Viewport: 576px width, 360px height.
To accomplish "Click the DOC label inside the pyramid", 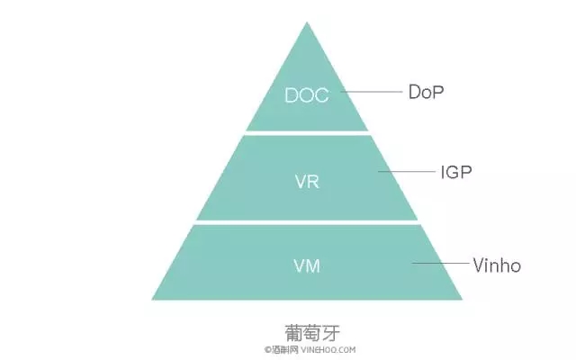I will [x=307, y=94].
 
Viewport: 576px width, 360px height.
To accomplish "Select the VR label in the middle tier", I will [x=307, y=180].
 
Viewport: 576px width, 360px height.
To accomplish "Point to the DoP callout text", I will [x=427, y=92].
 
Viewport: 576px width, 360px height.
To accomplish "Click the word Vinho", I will [x=497, y=265].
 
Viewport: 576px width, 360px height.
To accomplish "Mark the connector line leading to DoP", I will [x=373, y=92].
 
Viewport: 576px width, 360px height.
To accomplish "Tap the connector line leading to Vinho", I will [x=441, y=265].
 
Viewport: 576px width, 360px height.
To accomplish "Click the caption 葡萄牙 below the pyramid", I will [x=307, y=329].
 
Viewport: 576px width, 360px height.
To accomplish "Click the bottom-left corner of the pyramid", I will [x=153, y=299].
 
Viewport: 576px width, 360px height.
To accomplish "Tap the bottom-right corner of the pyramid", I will [x=461, y=299].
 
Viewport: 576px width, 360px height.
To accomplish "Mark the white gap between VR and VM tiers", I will [x=307, y=221].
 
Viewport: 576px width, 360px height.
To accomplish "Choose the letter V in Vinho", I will [x=478, y=265].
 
